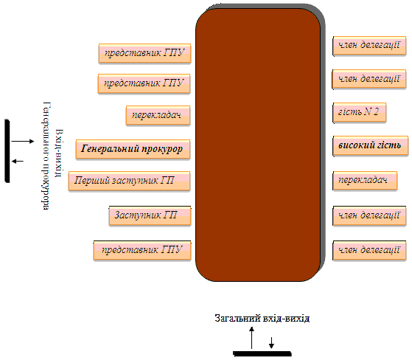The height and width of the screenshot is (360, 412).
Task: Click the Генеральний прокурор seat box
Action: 133,149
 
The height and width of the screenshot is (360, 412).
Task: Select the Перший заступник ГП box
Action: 129,181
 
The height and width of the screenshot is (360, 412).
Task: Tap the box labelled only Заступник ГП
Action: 150,215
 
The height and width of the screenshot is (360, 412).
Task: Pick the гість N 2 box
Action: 360,113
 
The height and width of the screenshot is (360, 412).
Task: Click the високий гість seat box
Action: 371,146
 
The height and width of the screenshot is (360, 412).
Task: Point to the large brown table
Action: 260,143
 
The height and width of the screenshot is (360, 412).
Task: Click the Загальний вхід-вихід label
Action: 262,318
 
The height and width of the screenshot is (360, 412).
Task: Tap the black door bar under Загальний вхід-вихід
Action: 262,353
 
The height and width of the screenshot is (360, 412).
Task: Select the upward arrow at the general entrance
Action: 252,338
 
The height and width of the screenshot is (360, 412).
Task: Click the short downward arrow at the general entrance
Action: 271,342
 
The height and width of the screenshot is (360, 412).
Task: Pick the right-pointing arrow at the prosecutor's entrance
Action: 23,141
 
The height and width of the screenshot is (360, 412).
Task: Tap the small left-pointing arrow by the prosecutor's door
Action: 18,161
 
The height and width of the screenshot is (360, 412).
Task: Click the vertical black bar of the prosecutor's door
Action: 7,150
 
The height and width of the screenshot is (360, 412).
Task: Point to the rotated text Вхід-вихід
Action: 59,153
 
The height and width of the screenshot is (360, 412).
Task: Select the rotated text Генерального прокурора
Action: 46,156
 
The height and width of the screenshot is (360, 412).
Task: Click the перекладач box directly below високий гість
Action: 365,181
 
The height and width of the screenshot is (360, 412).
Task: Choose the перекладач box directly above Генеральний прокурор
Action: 158,115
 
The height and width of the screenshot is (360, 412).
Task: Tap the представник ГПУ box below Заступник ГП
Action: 142,250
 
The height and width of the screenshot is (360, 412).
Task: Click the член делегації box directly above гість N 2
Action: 369,79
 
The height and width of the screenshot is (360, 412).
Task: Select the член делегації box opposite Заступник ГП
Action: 369,216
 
